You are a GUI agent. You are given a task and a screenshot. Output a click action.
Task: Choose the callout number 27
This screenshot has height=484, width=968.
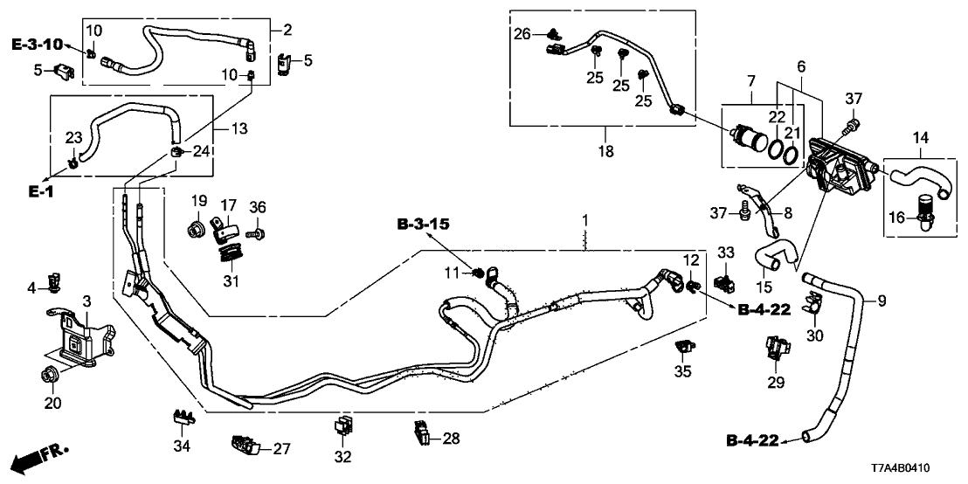pos(280,449)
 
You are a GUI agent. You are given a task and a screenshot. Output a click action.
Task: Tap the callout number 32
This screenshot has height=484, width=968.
pos(342,457)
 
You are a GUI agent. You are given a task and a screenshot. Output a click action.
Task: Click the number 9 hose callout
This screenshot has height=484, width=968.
pos(881,302)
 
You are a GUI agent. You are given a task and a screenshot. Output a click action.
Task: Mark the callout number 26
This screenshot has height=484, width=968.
pos(522,34)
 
